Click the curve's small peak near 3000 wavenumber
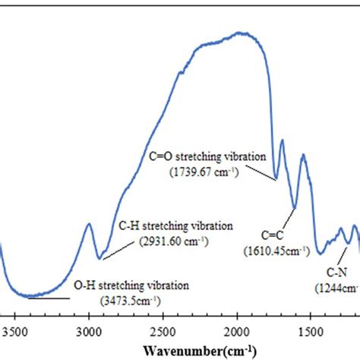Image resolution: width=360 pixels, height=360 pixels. pos(88,223)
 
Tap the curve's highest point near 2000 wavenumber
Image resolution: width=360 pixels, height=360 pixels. pos(239,33)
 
